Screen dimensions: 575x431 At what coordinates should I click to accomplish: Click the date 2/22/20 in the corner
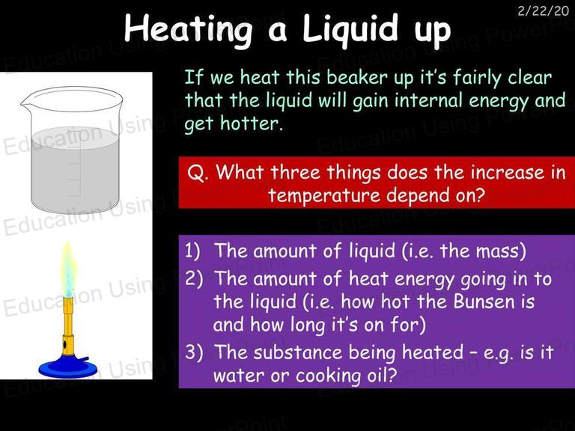coord(543,10)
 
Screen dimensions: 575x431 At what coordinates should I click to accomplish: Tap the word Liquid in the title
coord(350,29)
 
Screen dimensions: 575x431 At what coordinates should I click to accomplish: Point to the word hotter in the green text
coord(252,123)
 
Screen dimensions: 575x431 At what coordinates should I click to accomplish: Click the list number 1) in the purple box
coord(192,251)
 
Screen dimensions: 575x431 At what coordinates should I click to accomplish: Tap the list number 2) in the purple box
coord(193,278)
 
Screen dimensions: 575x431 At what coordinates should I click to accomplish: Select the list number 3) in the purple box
coord(193,352)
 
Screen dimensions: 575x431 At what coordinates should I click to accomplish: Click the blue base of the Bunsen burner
coord(64,367)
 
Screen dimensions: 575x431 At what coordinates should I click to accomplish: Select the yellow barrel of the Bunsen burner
coord(68,326)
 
